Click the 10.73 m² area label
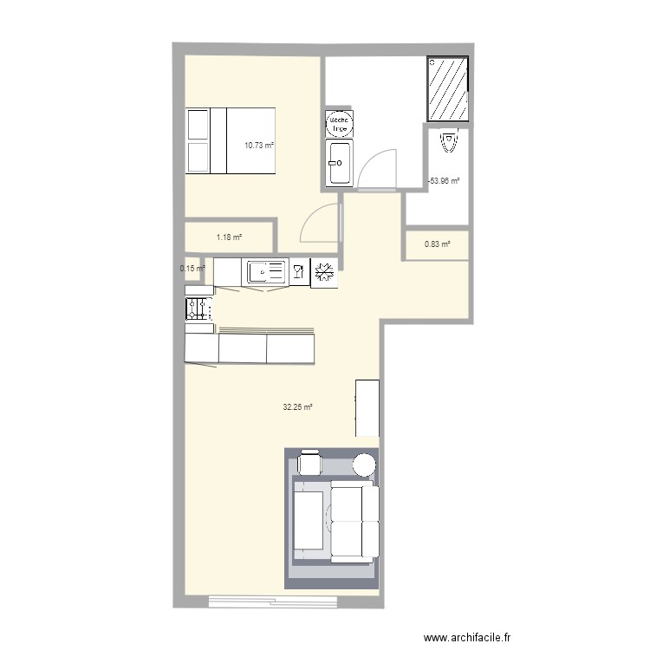click(258, 146)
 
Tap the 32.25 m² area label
click(297, 406)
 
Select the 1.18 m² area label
click(229, 237)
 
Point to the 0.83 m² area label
click(438, 244)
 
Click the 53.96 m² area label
click(444, 181)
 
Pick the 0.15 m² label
click(192, 268)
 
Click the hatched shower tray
click(447, 90)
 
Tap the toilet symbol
click(448, 141)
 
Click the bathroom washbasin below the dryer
click(339, 161)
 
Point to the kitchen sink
click(266, 273)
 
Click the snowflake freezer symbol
click(325, 273)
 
